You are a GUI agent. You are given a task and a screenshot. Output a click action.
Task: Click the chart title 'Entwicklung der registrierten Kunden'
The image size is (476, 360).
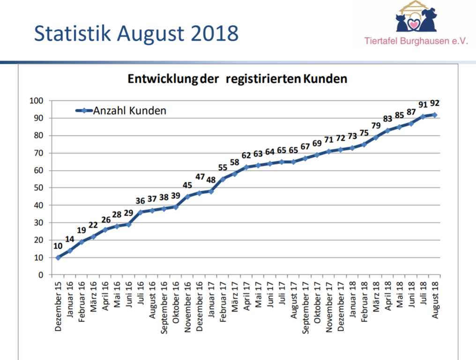[x=238, y=79]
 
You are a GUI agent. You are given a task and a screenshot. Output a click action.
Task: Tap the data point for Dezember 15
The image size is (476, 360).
[x=58, y=257]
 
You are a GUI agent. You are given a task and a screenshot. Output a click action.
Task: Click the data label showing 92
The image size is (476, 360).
[x=434, y=103]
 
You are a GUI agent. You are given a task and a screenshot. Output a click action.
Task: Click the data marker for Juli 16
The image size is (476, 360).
[x=140, y=212]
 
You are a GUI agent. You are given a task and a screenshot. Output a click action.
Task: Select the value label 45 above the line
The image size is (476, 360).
[x=187, y=185]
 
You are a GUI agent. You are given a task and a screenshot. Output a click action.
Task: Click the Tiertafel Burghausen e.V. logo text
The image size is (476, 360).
[x=416, y=41]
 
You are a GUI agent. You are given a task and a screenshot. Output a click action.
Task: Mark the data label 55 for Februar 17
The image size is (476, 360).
[x=223, y=168]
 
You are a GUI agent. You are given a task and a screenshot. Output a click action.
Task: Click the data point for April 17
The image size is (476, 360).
[x=246, y=167]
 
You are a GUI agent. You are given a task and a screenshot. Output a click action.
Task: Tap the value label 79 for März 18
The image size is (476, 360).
[x=376, y=126]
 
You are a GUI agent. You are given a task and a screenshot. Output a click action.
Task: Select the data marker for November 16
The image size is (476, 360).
[x=187, y=196]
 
